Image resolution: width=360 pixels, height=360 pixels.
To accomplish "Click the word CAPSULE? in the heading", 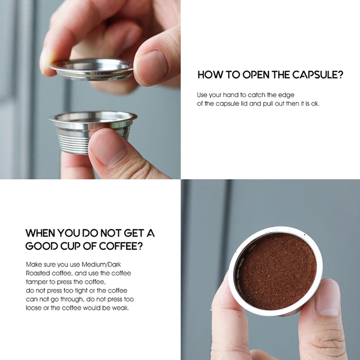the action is (x=318, y=75).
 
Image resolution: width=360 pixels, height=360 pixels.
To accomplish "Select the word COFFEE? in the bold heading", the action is (x=121, y=246).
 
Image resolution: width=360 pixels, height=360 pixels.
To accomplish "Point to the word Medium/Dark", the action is (x=101, y=264).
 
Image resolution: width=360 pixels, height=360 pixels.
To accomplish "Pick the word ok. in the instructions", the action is (x=315, y=104).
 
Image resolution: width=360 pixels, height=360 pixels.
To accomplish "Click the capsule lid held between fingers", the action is (x=91, y=69).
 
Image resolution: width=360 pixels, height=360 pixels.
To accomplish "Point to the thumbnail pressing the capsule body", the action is (x=108, y=147).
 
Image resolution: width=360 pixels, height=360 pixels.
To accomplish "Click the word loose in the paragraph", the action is (x=33, y=307).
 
